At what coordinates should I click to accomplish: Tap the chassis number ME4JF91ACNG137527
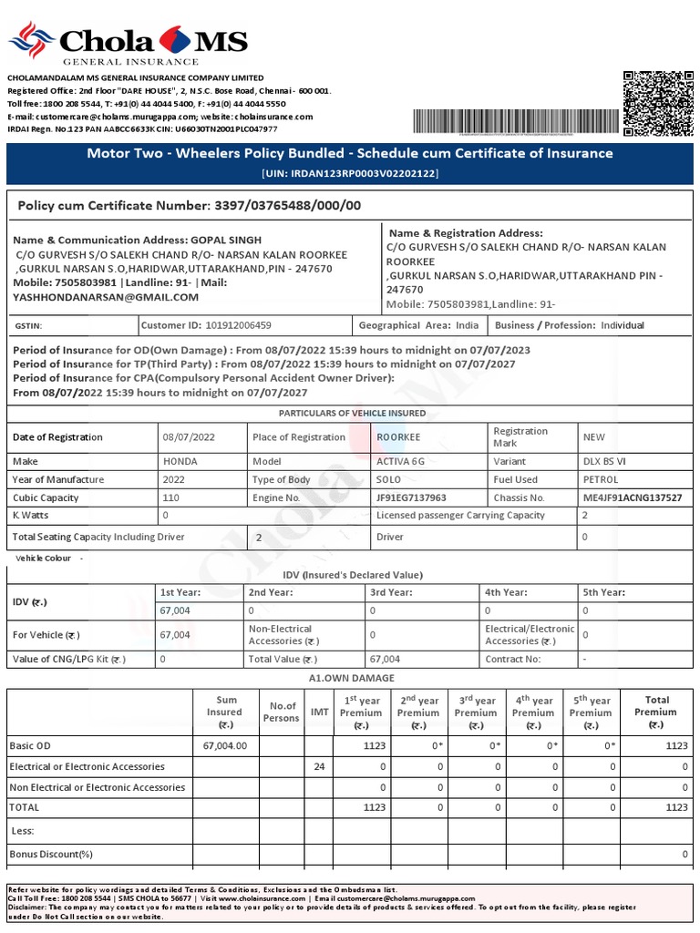[x=633, y=498]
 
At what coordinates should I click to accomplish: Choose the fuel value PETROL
[x=601, y=480]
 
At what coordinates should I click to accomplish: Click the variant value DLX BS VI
[x=606, y=462]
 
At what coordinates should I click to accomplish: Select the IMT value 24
[x=319, y=766]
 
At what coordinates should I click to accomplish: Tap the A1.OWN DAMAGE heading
[x=351, y=678]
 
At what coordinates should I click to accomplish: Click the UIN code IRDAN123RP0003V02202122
[x=350, y=173]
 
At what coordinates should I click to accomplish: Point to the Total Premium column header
[x=655, y=713]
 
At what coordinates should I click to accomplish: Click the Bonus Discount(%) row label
[x=51, y=855]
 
